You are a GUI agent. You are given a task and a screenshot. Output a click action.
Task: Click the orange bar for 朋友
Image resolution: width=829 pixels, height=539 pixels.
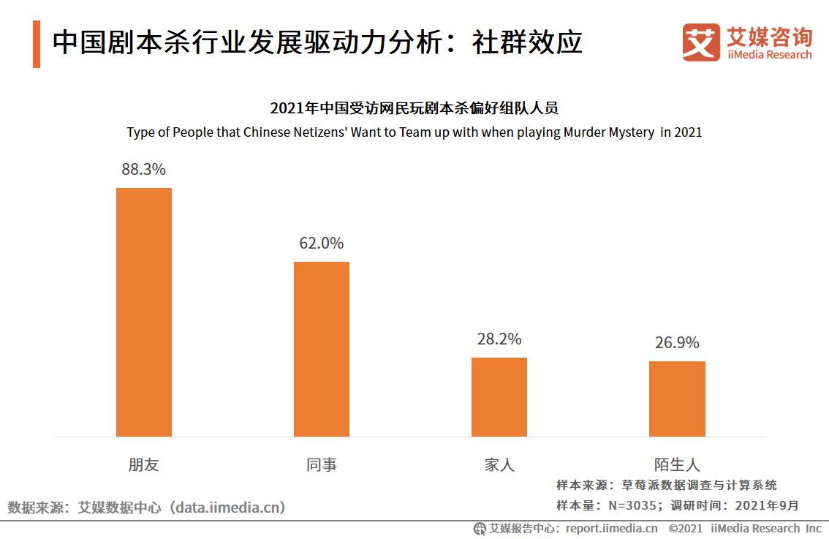point(144,312)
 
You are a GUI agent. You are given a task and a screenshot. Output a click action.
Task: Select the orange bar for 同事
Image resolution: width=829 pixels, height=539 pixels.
point(322,349)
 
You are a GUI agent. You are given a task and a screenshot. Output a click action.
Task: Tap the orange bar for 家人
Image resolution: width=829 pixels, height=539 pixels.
point(499,397)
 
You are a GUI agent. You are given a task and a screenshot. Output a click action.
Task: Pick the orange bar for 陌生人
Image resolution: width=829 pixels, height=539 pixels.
point(677,399)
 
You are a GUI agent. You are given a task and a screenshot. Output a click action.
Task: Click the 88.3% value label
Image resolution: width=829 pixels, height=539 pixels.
point(144,170)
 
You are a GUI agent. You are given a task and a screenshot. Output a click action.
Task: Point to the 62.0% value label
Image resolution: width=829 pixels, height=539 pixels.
point(322,244)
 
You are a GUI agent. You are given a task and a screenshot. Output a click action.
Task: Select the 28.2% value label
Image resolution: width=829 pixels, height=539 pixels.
point(499,339)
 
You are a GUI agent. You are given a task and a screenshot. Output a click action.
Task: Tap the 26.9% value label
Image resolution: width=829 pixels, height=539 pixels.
point(677,342)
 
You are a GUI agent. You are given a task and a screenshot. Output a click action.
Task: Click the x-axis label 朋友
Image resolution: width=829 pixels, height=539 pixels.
point(144,464)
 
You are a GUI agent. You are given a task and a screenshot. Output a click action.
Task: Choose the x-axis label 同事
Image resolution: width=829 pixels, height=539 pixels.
point(322,464)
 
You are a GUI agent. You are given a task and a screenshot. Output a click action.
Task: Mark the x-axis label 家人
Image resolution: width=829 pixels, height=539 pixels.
point(499,464)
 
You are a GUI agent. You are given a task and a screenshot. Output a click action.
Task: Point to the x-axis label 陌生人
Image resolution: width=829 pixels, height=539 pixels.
point(677,464)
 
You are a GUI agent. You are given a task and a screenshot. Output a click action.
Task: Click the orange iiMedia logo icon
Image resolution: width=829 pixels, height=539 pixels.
point(701,42)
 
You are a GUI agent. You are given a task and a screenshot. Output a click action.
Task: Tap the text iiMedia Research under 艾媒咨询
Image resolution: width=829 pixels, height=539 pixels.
point(769,55)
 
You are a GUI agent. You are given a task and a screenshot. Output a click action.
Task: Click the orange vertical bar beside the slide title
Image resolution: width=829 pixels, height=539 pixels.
point(37,45)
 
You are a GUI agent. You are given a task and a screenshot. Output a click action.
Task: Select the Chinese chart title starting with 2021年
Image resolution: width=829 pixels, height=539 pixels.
point(414,109)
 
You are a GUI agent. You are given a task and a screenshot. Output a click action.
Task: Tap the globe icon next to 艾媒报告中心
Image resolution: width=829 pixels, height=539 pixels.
point(480,528)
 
